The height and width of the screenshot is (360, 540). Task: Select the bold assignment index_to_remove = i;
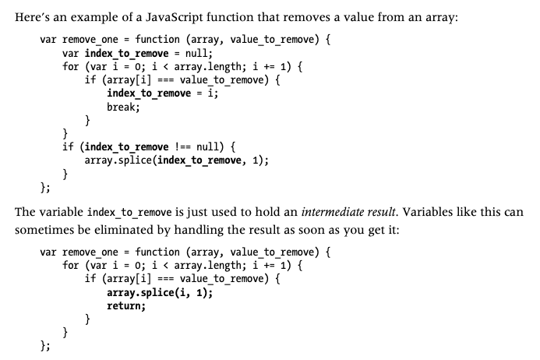pos(163,94)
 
